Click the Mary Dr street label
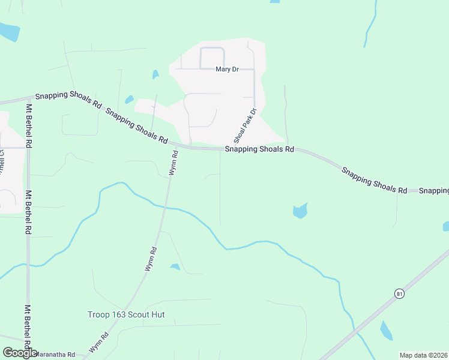pos(227,70)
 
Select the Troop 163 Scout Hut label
pos(126,314)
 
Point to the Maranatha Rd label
pos(55,355)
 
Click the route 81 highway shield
pos(399,293)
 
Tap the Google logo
pos(20,353)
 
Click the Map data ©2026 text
pos(424,355)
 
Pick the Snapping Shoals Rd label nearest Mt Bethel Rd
pos(68,100)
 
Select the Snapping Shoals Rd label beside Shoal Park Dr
pos(259,149)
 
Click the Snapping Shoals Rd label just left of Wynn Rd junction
pos(136,126)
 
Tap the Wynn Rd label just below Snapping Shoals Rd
pos(173,163)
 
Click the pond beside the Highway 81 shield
pos(386,331)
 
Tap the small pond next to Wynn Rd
pos(175,266)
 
